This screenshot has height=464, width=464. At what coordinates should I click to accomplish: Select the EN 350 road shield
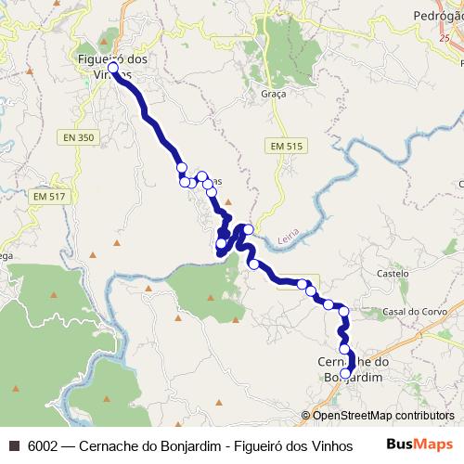[x=80, y=136]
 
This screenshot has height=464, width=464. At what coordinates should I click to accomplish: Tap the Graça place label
[x=274, y=94]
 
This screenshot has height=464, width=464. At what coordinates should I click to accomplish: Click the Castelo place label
[x=393, y=274]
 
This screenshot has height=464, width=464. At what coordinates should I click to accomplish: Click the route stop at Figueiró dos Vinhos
[x=113, y=68]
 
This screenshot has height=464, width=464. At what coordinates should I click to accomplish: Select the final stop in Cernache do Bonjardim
[x=346, y=374]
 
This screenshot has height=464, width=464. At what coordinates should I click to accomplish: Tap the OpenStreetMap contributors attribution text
[x=383, y=416]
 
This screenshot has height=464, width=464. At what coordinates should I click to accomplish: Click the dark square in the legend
[x=14, y=445]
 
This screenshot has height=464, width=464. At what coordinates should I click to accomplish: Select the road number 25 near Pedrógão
[x=445, y=36]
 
